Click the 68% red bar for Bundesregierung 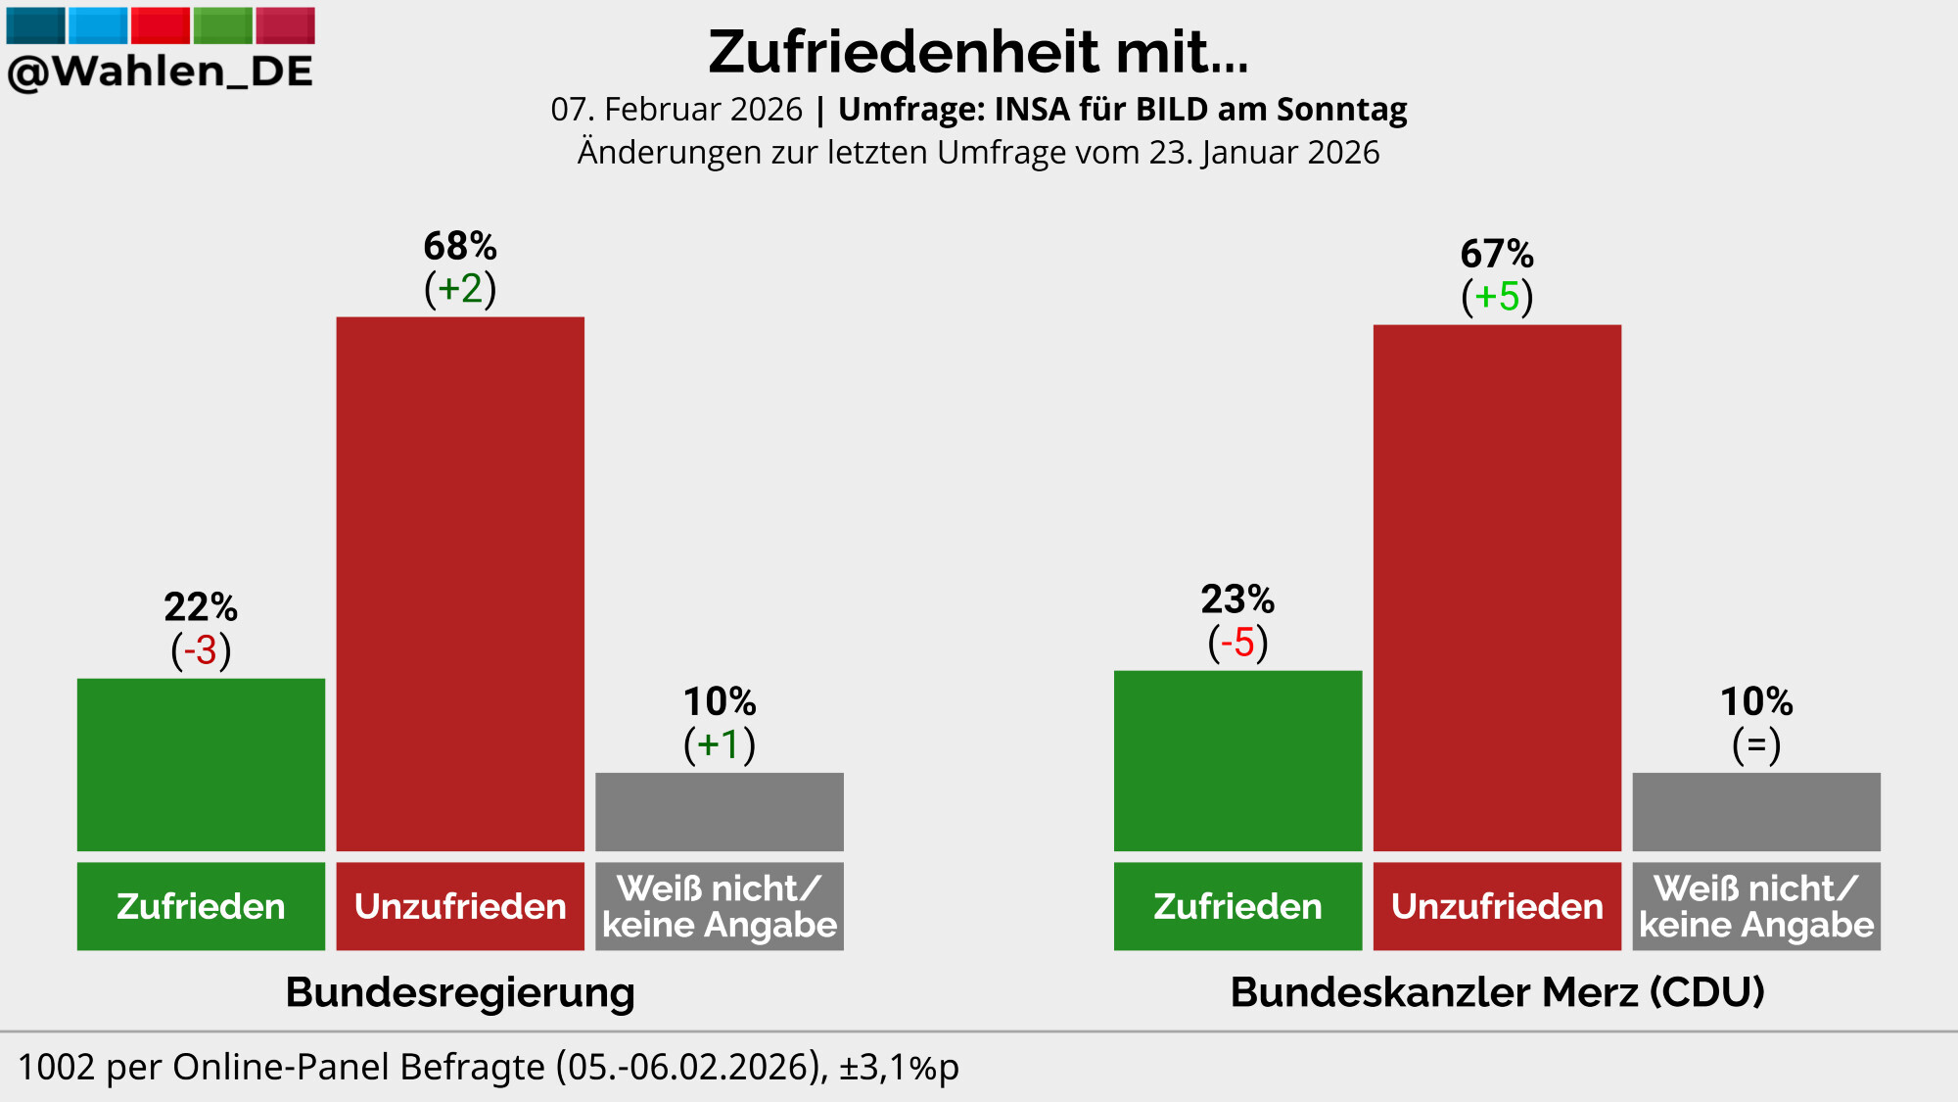[460, 583]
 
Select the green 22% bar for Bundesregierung [201, 764]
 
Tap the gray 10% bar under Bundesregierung [720, 811]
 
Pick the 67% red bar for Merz [1497, 588]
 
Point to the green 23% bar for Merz [1237, 760]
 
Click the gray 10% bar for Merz [1756, 811]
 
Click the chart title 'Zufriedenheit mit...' [978, 52]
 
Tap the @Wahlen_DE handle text [160, 72]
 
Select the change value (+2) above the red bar [460, 289]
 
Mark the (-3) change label [201, 650]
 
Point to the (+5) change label [1497, 297]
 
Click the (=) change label [1756, 745]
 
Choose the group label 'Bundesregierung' [460, 992]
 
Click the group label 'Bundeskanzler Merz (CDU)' [1497, 992]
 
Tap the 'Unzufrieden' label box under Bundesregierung [460, 906]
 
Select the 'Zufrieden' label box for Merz [1237, 906]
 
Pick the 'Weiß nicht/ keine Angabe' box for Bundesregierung [720, 906]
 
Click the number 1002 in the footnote [57, 1067]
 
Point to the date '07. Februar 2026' [676, 110]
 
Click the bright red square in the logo [161, 25]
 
